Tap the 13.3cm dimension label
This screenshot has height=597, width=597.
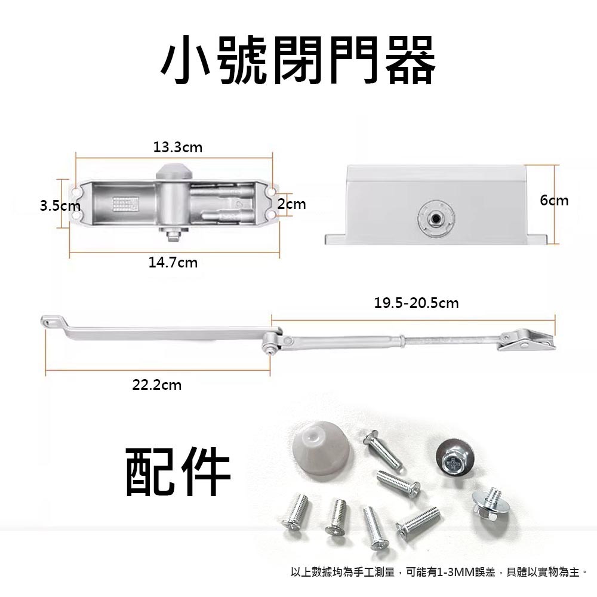[177, 147]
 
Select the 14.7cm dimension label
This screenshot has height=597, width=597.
[173, 262]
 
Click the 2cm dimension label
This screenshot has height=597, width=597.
[292, 205]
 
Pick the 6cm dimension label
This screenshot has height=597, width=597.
[554, 201]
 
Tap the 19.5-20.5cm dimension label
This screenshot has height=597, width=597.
[416, 303]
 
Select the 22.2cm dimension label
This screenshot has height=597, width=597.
[156, 385]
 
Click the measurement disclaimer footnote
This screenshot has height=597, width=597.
[439, 572]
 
